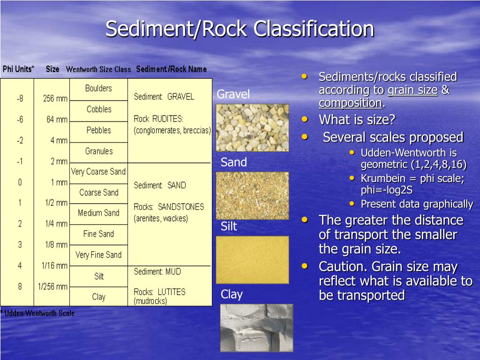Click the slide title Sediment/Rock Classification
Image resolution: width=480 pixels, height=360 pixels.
point(240,29)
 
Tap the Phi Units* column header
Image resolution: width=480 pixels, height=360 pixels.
point(18,69)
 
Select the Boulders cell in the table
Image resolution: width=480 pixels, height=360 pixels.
point(98,88)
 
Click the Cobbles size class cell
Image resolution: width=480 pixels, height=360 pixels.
point(99,109)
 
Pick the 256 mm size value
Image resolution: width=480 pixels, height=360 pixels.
point(55,99)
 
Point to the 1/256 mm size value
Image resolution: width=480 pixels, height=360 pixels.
point(52,286)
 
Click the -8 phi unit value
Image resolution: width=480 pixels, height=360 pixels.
point(20,99)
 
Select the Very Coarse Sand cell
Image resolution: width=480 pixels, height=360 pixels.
point(98,172)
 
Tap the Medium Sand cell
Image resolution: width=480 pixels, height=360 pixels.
point(98,213)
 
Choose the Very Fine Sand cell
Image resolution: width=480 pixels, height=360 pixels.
point(98,255)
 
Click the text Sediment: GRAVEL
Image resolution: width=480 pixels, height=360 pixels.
point(164,97)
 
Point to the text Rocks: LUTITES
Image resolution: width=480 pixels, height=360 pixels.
point(159,292)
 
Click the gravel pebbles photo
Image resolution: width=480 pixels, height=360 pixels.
point(252,127)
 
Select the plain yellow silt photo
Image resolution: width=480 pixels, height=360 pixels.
point(252,260)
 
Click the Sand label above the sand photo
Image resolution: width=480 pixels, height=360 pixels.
point(233,163)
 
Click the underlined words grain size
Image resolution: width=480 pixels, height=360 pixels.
point(412,90)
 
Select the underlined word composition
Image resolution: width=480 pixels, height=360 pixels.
point(350,103)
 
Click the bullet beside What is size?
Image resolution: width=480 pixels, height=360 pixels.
point(305,120)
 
